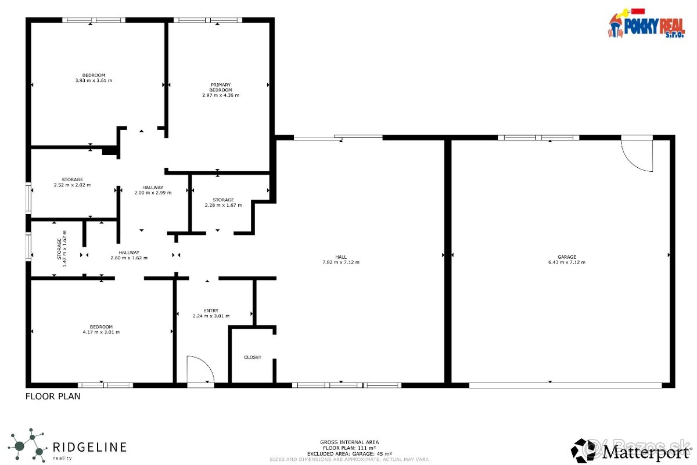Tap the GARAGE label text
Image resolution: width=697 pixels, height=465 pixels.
(x=566, y=257)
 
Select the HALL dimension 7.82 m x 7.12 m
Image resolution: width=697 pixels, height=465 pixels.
(x=341, y=262)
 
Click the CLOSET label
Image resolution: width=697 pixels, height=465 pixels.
(x=252, y=357)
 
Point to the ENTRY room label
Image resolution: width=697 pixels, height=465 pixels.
(x=211, y=311)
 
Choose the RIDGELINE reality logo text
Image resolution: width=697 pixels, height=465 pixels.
(x=89, y=448)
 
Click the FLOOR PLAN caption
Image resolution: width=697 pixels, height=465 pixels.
(x=53, y=396)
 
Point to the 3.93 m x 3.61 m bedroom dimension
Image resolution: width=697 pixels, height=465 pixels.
(x=94, y=80)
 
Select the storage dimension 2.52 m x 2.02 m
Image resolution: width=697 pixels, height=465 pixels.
(x=72, y=185)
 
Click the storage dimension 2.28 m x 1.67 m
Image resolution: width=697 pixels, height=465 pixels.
(x=223, y=205)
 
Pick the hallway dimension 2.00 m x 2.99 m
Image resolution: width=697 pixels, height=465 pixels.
(x=157, y=193)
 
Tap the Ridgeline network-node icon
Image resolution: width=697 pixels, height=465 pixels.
(x=27, y=444)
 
